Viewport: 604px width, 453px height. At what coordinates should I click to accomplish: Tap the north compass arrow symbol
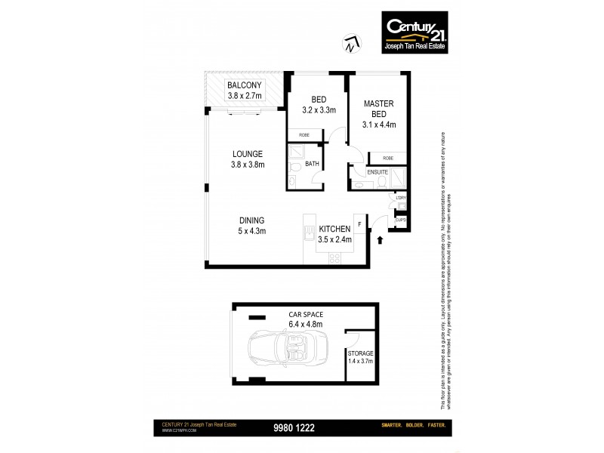[348, 44]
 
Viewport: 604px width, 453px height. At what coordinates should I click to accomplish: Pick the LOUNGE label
[247, 153]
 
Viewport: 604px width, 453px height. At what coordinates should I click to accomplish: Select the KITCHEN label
[333, 228]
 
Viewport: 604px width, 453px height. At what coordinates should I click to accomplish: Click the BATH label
[311, 165]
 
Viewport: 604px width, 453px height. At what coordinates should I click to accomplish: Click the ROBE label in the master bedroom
[387, 158]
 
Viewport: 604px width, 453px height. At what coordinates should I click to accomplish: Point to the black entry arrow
[379, 239]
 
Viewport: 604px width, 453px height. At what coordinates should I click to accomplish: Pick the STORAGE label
[360, 353]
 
